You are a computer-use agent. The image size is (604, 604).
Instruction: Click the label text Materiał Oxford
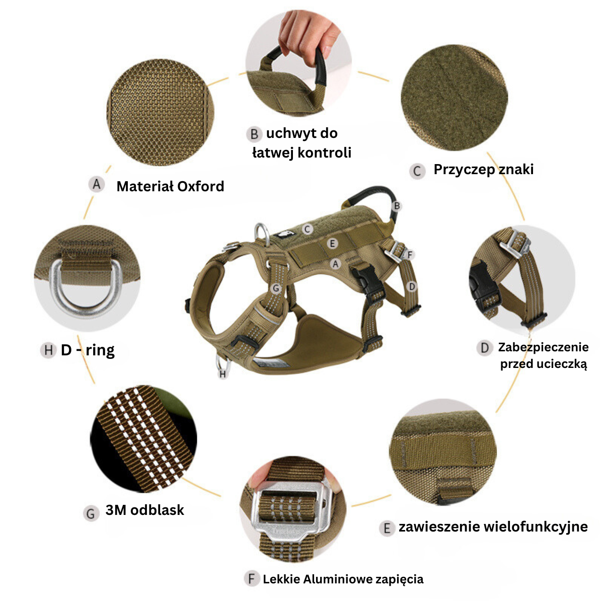click(170, 186)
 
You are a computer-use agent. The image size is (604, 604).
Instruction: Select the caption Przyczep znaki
click(483, 170)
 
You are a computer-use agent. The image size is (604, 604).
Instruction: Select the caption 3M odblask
click(144, 510)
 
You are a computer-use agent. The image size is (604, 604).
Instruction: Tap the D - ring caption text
click(88, 350)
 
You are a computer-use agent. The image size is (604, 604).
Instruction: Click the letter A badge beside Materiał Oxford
click(97, 184)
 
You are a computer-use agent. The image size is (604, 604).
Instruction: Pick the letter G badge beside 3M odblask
click(91, 514)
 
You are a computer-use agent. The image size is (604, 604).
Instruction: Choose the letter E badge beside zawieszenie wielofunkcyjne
click(387, 528)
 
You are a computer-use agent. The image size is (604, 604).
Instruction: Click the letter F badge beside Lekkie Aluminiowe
click(252, 579)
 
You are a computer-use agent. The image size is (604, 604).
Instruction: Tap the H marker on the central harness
click(222, 373)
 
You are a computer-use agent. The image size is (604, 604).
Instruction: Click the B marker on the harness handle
click(397, 206)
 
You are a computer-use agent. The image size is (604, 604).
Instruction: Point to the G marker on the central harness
click(276, 288)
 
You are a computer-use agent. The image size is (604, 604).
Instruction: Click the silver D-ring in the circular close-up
click(85, 307)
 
